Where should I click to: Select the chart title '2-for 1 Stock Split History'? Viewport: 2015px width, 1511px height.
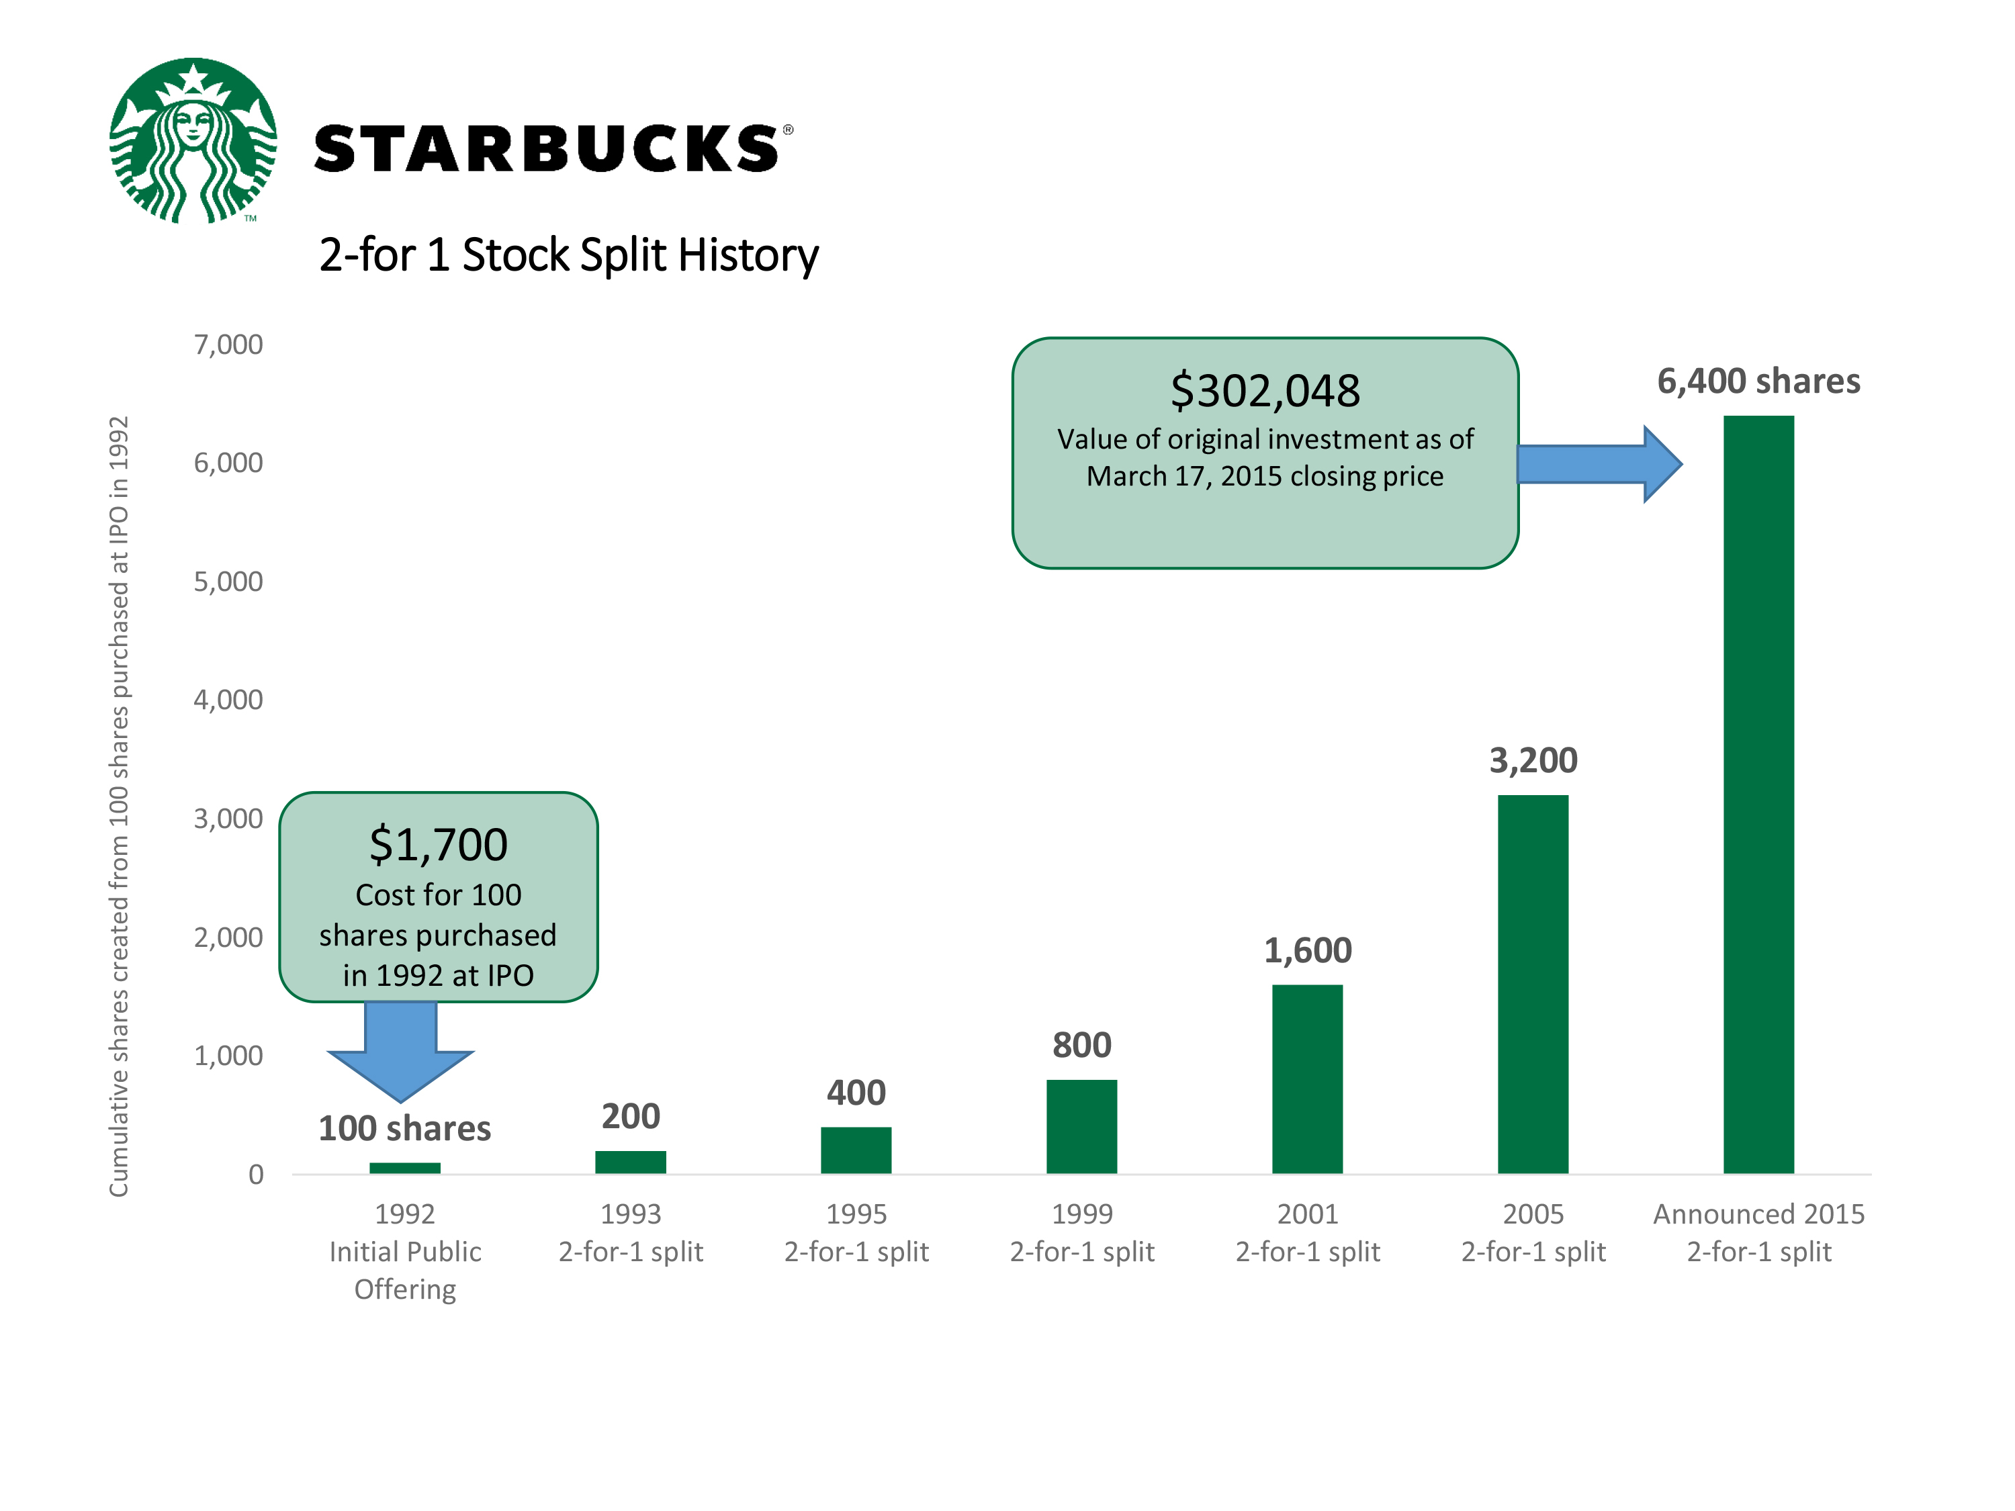point(568,255)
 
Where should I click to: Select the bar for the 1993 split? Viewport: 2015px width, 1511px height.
point(631,1162)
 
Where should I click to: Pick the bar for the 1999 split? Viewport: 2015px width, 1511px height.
point(1081,1127)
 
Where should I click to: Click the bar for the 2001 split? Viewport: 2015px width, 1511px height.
point(1307,1079)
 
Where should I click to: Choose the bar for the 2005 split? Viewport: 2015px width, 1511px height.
point(1533,985)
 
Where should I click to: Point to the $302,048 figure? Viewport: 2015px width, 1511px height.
point(1265,391)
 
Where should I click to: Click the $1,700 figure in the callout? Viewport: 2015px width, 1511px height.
point(438,844)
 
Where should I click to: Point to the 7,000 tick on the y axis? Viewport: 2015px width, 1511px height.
point(228,345)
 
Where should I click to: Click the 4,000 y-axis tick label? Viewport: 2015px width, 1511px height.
point(228,700)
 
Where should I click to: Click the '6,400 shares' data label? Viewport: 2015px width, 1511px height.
point(1758,381)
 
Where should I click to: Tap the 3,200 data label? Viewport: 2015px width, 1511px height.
point(1533,760)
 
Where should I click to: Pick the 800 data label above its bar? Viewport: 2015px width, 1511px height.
point(1081,1045)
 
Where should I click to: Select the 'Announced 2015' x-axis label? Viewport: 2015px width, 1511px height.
point(1758,1214)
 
